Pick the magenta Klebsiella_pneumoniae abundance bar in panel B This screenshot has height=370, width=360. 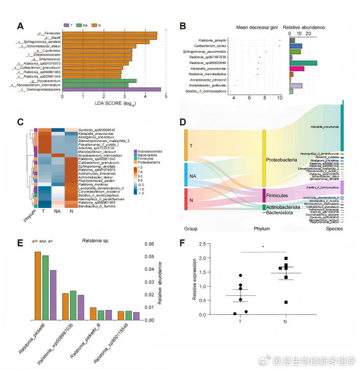pos(297,68)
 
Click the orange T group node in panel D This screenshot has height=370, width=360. pos(186,145)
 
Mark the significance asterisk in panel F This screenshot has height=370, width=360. pos(263,246)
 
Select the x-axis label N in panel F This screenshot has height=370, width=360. pos(285,322)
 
